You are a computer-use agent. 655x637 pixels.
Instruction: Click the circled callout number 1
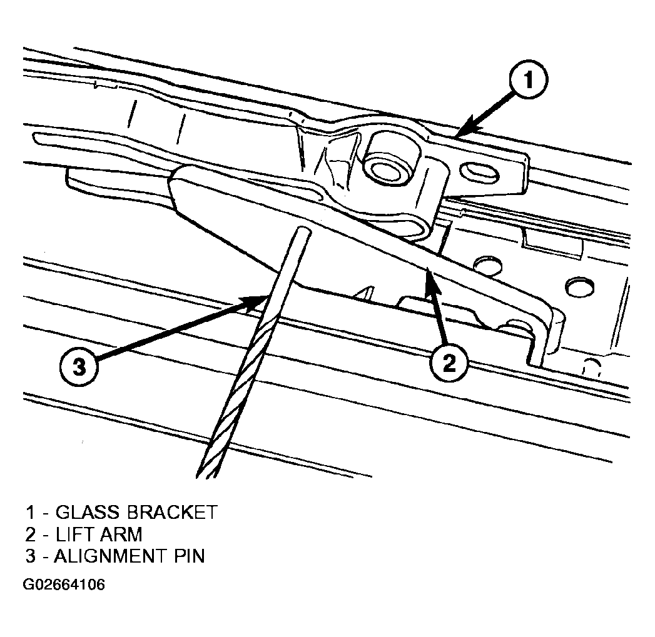529,80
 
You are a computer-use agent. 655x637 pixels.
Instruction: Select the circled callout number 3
79,368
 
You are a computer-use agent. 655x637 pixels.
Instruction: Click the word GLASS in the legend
88,512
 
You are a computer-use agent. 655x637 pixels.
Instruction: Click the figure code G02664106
64,584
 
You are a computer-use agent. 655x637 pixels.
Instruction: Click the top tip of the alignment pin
303,229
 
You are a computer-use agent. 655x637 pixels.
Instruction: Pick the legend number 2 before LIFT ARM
31,534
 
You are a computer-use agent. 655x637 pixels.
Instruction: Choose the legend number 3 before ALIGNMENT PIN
31,556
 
